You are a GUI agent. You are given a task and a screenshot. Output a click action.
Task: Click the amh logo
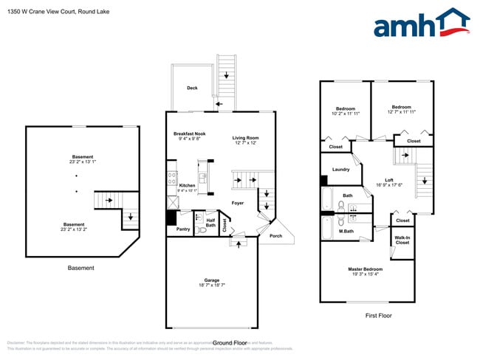[x=422, y=23]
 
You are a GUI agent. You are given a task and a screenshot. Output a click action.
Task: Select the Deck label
[x=192, y=88]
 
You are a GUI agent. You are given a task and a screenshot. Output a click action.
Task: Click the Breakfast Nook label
[x=188, y=134]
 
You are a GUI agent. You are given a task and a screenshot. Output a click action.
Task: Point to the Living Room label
[x=245, y=138]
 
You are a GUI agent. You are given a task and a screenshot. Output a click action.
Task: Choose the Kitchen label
[x=187, y=185]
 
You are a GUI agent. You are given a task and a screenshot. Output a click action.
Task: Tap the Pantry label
[x=183, y=229]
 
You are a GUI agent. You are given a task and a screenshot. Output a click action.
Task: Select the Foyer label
[x=238, y=203]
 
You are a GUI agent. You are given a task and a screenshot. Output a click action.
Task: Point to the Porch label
[x=275, y=236]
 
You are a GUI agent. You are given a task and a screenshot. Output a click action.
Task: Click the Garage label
[x=212, y=280]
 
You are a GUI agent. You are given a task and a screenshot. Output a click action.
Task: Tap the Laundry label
[x=340, y=170]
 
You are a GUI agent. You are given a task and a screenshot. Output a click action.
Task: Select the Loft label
[x=388, y=180]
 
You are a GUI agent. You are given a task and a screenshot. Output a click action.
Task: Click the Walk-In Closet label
[x=402, y=240]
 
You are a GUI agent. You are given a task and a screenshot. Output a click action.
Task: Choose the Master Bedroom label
[x=366, y=269]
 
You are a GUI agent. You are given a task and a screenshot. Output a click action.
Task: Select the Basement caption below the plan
[x=80, y=268]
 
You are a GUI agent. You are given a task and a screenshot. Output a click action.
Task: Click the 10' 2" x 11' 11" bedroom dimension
[x=346, y=114]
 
